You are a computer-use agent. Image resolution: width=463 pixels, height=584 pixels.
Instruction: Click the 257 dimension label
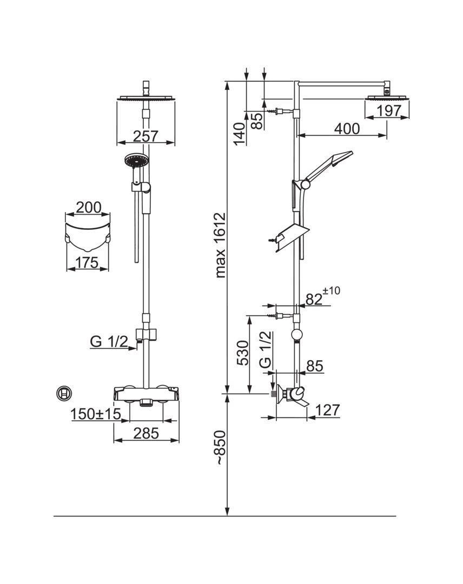pyautogui.click(x=145, y=136)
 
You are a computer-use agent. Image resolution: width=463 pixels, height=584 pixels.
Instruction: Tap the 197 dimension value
pyautogui.click(x=389, y=111)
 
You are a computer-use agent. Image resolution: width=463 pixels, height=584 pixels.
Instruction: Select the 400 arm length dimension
pyautogui.click(x=347, y=129)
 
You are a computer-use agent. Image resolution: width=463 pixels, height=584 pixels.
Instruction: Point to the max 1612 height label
pyautogui.click(x=221, y=247)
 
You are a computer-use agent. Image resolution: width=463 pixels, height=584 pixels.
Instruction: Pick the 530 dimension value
pyautogui.click(x=243, y=353)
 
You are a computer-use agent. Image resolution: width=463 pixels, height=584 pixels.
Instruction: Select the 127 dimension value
pyautogui.click(x=328, y=410)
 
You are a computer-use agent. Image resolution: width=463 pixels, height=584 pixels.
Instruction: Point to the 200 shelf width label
pyautogui.click(x=89, y=207)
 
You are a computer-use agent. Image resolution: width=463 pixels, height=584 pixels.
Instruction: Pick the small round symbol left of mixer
pyautogui.click(x=64, y=393)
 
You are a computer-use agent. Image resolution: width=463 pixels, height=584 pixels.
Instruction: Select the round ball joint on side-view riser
pyautogui.click(x=296, y=335)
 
